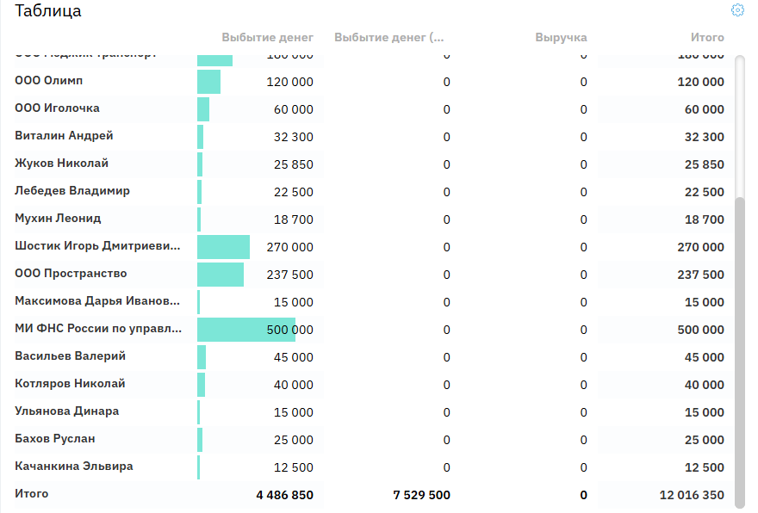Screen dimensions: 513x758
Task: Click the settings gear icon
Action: coord(737,10)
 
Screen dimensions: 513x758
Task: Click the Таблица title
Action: coord(48,11)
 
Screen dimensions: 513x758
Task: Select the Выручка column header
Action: coord(561,38)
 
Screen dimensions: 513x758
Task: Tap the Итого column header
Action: coord(707,38)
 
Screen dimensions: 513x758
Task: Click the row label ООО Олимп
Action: coord(49,81)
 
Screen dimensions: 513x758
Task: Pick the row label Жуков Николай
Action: coord(62,164)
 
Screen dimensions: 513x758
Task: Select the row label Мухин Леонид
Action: coord(59,219)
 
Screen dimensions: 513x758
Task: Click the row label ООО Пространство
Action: coord(71,274)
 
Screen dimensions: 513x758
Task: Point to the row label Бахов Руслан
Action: coord(55,439)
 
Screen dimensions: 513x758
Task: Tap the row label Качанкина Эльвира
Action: coord(74,467)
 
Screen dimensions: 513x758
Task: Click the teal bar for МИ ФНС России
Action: coord(245,330)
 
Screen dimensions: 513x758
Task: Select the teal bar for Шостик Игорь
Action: coord(223,247)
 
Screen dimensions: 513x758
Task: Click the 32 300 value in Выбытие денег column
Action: coord(293,137)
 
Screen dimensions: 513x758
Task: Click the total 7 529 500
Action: coord(421,495)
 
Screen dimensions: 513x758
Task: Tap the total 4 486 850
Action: coord(284,495)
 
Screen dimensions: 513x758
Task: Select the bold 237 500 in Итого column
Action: coord(701,275)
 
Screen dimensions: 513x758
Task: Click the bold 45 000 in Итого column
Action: coord(705,357)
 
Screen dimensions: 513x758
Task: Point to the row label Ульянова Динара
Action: coord(67,411)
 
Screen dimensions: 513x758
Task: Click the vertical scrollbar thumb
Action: coord(739,344)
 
